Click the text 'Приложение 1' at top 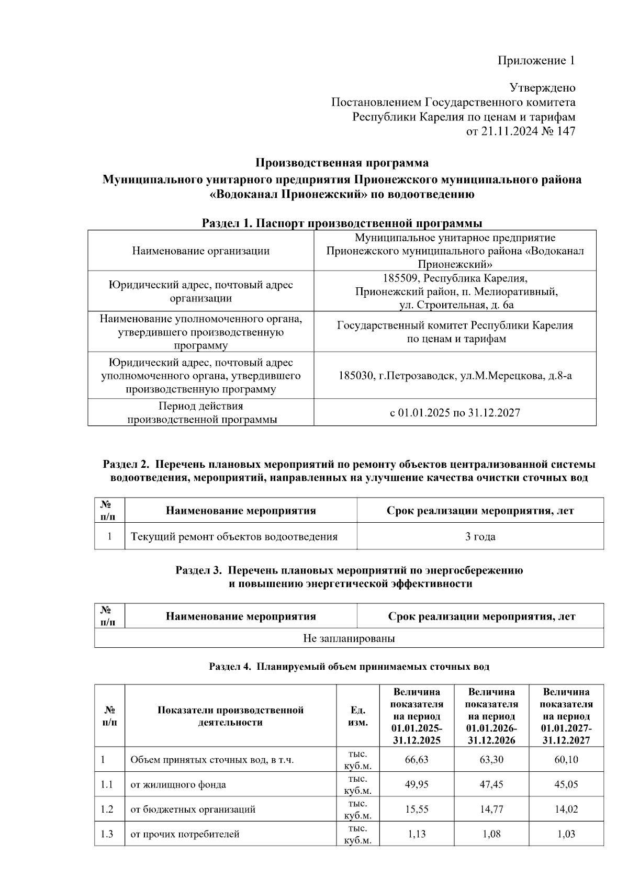tap(536, 61)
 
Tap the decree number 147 tap(566, 131)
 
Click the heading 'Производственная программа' tap(342, 163)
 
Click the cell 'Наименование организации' tap(200, 251)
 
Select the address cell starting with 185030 tap(455, 375)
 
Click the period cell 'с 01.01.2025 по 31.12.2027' tap(455, 413)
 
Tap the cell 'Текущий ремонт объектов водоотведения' tap(234, 536)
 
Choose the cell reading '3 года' tap(480, 536)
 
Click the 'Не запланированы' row tap(349, 638)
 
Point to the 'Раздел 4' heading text tap(349, 667)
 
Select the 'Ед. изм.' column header tap(358, 716)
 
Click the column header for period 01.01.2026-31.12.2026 tap(491, 716)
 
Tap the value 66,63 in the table tap(417, 759)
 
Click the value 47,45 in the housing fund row tap(491, 784)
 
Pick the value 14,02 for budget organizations tap(566, 809)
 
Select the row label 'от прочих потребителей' tap(185, 834)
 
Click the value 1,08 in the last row tap(491, 834)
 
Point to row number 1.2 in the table tap(107, 809)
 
